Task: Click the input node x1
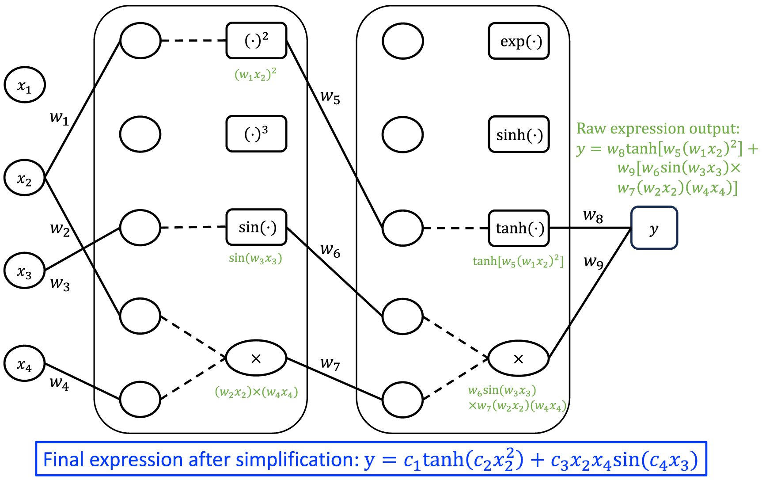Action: [25, 85]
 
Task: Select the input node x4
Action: [25, 364]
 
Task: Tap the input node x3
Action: [25, 270]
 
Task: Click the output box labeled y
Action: [654, 228]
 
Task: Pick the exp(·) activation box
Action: [519, 41]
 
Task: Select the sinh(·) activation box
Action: [519, 134]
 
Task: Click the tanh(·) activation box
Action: [519, 228]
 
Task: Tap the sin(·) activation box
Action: [256, 227]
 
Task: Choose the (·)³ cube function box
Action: [256, 134]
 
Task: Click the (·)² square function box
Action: [256, 41]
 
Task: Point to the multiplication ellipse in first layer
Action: [256, 358]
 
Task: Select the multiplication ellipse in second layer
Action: [519, 358]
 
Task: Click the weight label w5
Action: [330, 96]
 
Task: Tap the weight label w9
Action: [593, 262]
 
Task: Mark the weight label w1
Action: [59, 118]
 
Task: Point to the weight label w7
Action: [330, 364]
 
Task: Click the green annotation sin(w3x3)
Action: [255, 258]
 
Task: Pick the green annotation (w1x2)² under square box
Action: [255, 74]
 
